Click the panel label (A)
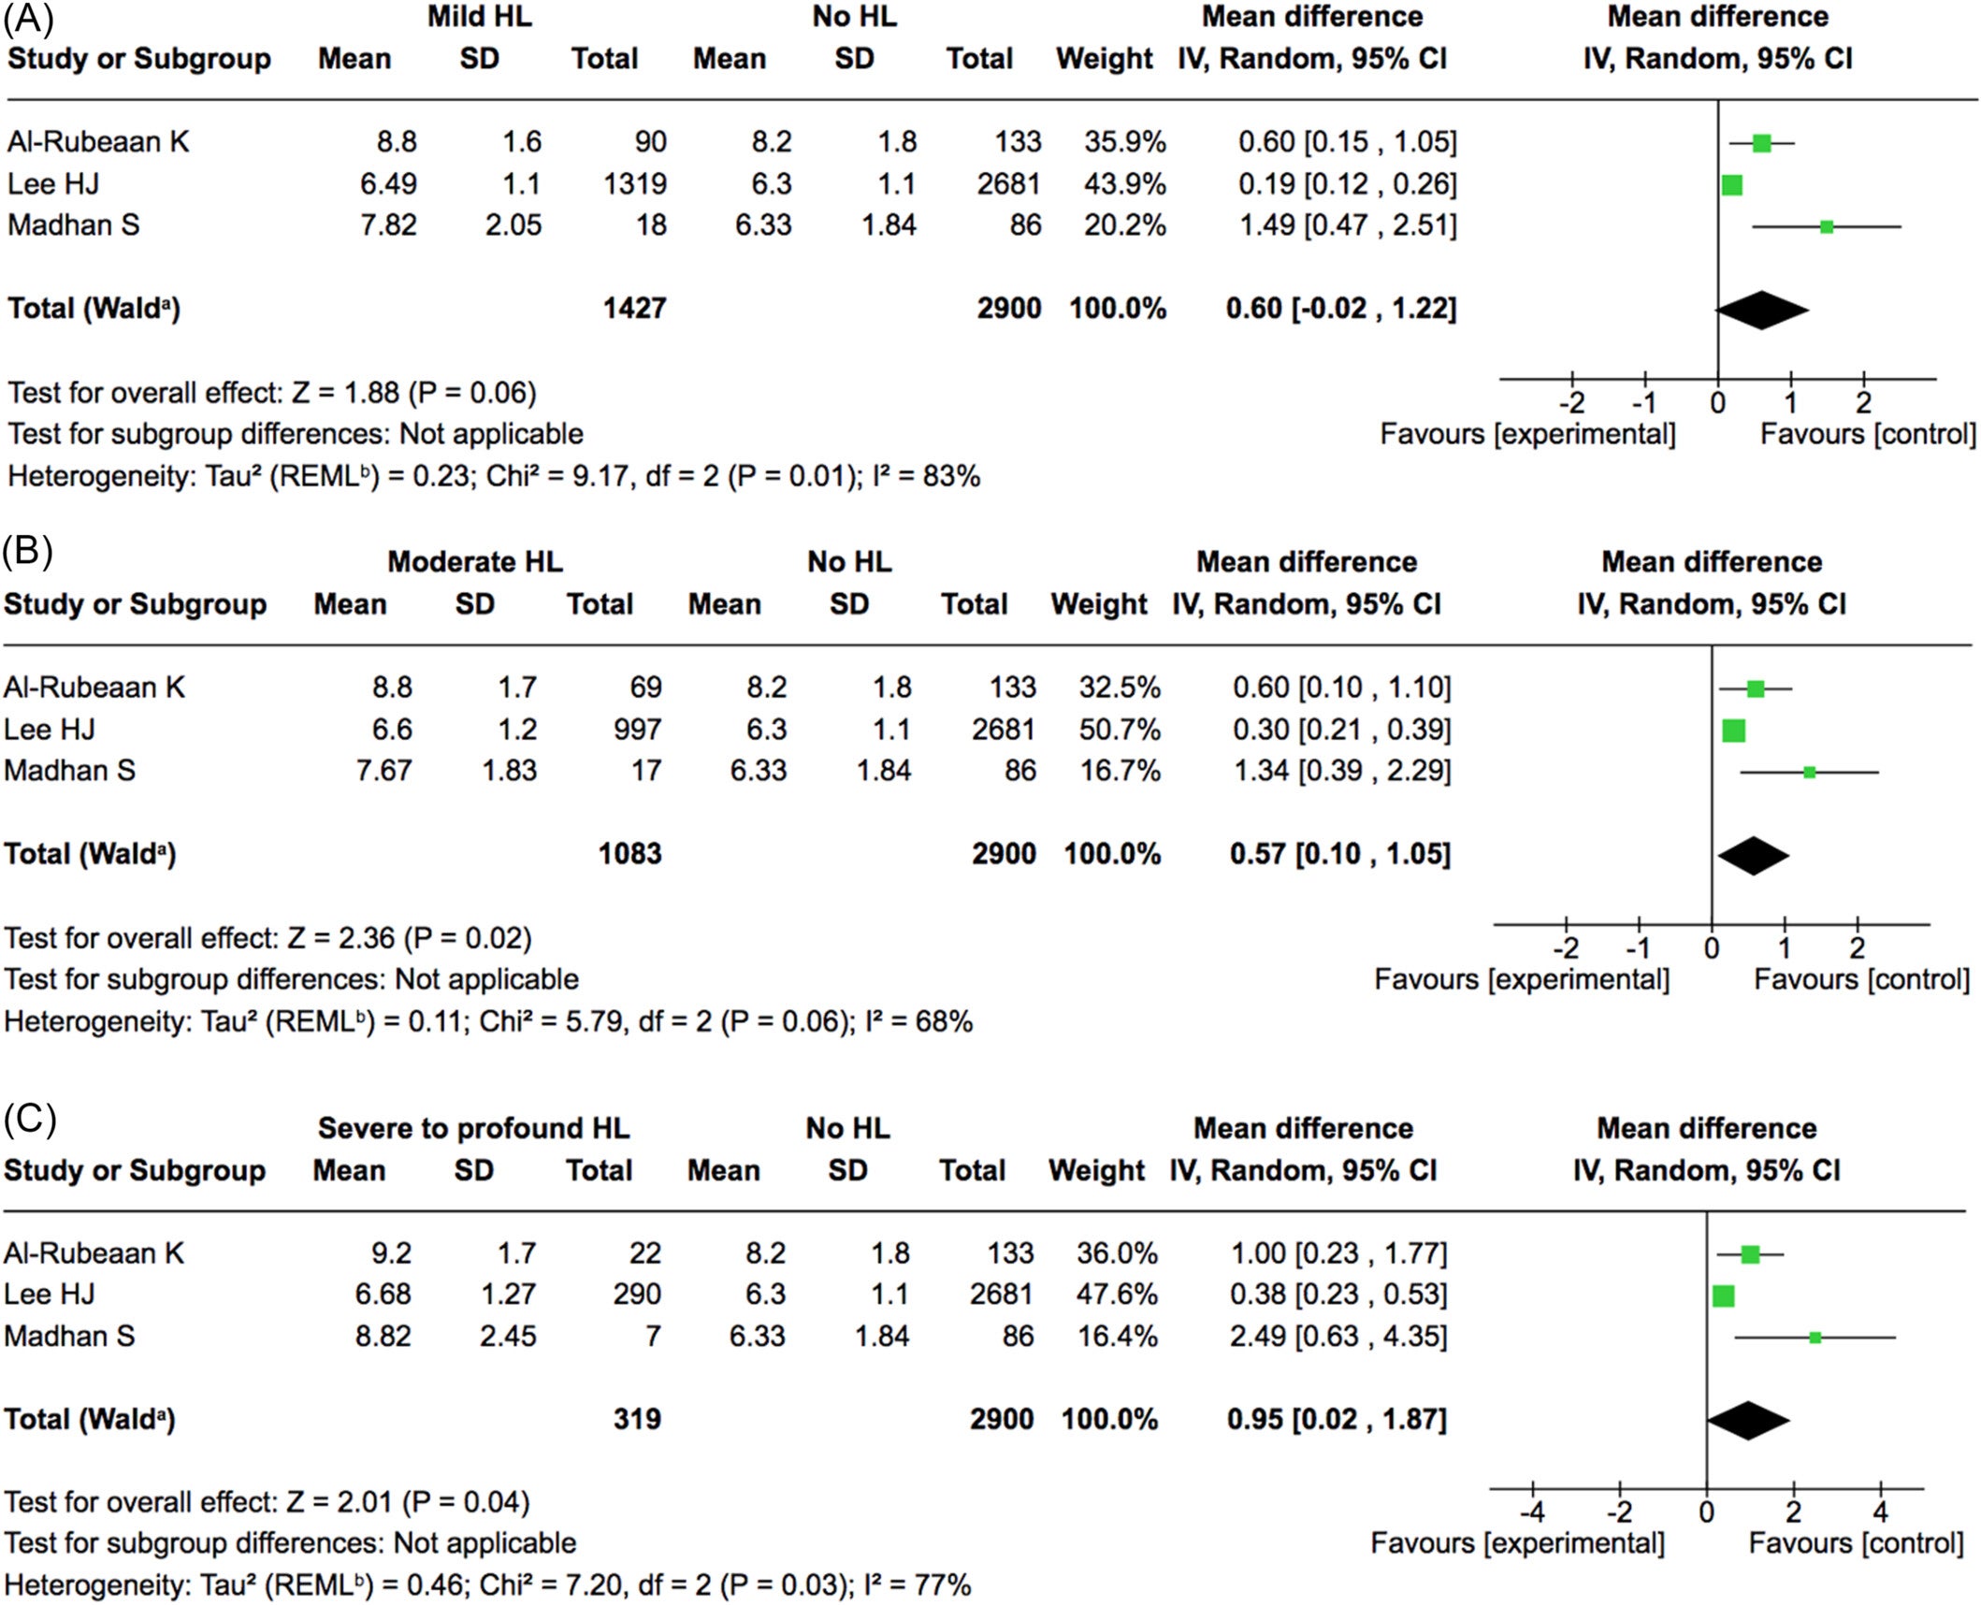click(28, 19)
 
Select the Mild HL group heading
click(479, 17)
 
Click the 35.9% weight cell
click(1124, 142)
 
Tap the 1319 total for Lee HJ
click(634, 184)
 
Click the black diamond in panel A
click(1761, 311)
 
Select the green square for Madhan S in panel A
click(1826, 226)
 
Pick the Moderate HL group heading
click(475, 562)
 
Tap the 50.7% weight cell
click(1119, 730)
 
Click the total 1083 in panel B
click(629, 854)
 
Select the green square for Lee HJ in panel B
click(1733, 730)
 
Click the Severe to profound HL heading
click(473, 1128)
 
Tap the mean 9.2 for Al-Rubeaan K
click(390, 1253)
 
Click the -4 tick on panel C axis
click(1531, 1511)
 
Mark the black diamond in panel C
click(1747, 1421)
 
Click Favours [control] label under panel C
click(1855, 1543)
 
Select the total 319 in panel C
click(637, 1420)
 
